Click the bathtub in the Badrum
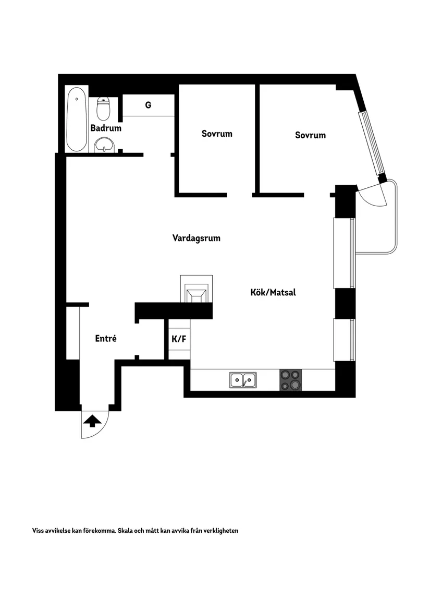(77, 119)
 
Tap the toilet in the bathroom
(103, 109)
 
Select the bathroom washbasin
(104, 145)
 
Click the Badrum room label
(106, 128)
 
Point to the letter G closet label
(148, 105)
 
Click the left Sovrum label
(217, 134)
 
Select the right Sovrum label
(311, 135)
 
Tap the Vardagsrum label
(196, 238)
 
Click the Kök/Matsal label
(273, 292)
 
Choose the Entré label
(106, 338)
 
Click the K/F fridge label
(179, 339)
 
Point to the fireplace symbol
(197, 289)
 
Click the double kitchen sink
(243, 379)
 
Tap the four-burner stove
(291, 380)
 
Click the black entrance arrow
(92, 421)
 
